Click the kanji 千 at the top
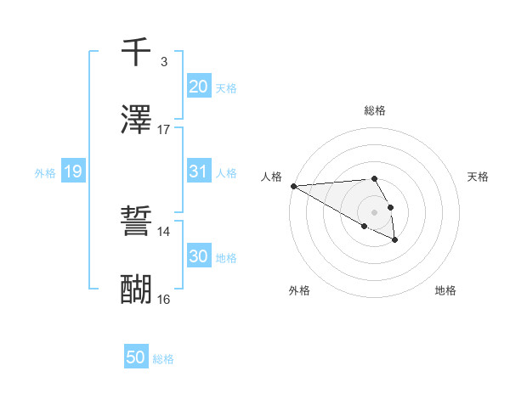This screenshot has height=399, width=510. tap(137, 52)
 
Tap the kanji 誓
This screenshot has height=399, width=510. tap(137, 223)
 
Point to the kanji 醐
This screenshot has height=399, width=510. tap(137, 290)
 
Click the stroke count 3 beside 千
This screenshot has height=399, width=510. tap(164, 62)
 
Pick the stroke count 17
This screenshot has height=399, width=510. tap(164, 130)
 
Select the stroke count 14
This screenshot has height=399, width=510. tap(164, 231)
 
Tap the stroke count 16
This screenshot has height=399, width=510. tap(164, 299)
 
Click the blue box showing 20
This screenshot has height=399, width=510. tap(198, 86)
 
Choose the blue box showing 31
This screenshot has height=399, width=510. tap(198, 171)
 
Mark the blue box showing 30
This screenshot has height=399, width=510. tap(198, 256)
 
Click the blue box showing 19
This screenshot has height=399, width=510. tap(73, 171)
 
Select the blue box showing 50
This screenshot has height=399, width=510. tap(136, 357)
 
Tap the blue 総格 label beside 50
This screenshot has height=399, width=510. tap(163, 359)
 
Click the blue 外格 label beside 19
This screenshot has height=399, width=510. tap(45, 173)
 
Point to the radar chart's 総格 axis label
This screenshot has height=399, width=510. tap(375, 110)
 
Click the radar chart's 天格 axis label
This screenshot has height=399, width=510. tap(478, 177)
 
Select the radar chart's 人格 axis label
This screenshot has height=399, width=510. tap(271, 177)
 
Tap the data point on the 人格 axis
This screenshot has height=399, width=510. tap(293, 186)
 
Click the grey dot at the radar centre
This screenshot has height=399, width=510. tap(375, 211)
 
